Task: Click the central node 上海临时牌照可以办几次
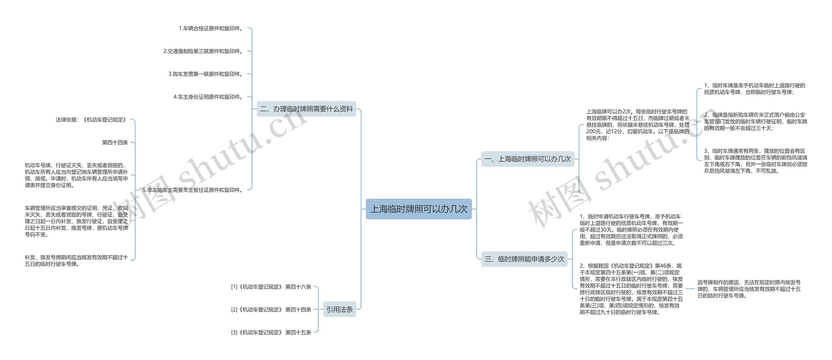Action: tap(419, 209)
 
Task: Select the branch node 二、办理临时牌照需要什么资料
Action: tap(306, 109)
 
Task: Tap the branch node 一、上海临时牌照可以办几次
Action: tap(527, 159)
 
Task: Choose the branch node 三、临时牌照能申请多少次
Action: tap(524, 259)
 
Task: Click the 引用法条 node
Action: tap(340, 309)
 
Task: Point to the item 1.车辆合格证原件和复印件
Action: tap(211, 29)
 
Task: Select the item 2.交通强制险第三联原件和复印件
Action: tap(203, 51)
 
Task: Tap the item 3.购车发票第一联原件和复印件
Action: tap(205, 74)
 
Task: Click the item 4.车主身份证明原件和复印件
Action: tap(208, 97)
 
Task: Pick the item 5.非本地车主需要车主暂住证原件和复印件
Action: tap(193, 190)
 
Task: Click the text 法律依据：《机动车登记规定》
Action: tap(91, 120)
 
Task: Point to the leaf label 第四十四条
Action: tap(115, 142)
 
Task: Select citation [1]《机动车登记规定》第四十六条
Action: tap(271, 287)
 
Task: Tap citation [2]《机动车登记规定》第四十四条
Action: tap(271, 310)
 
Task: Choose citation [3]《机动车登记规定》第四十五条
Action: tap(271, 332)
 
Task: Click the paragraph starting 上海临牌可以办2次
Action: tap(637, 125)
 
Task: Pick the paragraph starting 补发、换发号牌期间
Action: tap(76, 261)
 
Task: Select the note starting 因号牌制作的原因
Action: tap(749, 289)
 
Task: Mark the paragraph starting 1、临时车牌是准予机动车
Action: tap(754, 89)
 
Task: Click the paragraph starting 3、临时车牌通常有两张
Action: tap(755, 161)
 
